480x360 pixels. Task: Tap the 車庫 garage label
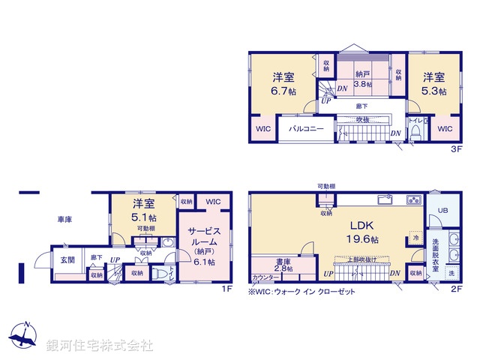click(64, 220)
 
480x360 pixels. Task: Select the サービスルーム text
click(203, 237)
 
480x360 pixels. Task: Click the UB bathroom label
click(442, 211)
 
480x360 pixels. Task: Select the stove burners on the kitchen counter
click(413, 200)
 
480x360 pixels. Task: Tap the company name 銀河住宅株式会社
click(100, 346)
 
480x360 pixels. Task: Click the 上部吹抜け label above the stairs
click(359, 259)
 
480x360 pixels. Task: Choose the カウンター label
click(264, 277)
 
